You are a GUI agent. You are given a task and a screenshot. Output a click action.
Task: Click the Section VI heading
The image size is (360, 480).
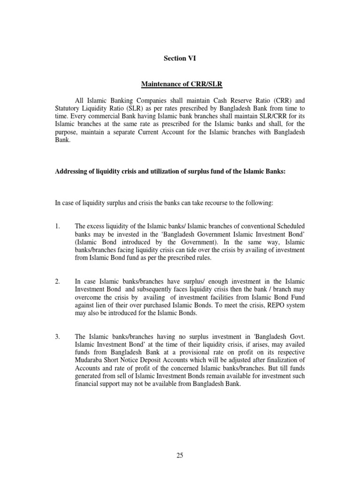180,59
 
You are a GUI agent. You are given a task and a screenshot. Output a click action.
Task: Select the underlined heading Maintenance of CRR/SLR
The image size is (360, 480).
180,83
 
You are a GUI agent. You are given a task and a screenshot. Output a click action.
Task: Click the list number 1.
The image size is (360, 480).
57,227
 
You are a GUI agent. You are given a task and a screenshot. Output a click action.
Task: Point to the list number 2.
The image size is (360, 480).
57,281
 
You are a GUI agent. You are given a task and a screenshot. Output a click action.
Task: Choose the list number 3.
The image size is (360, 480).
57,336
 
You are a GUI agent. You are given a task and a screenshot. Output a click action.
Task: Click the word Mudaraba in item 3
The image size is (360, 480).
89,361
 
